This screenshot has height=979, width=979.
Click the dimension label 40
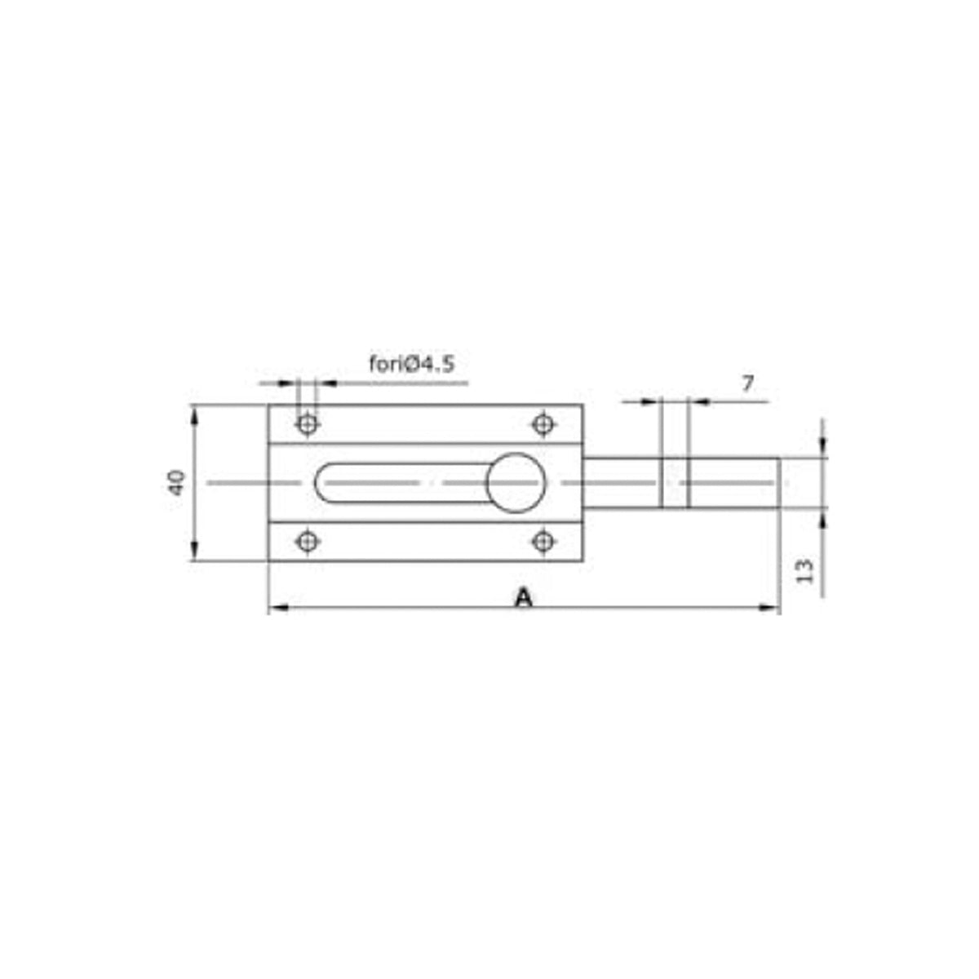[x=176, y=483]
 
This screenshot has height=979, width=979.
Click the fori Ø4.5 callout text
[x=411, y=364]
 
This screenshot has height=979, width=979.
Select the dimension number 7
[x=746, y=384]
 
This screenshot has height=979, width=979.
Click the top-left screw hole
[x=308, y=423]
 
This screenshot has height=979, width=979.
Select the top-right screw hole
[x=543, y=423]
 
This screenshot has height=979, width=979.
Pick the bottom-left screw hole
[x=308, y=542]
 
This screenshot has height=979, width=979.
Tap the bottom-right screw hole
[x=543, y=542]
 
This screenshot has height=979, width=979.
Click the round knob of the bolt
[x=516, y=483]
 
